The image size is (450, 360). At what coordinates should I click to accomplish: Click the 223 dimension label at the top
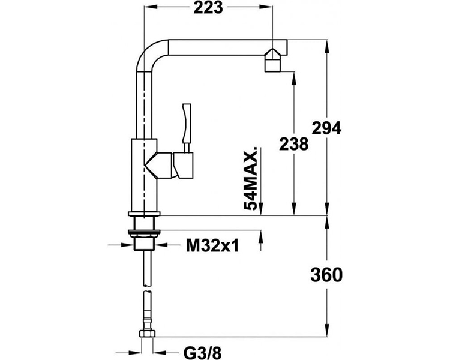coord(208,8)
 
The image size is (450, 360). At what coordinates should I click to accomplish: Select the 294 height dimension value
coord(326,128)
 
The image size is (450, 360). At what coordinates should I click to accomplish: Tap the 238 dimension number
coord(293,144)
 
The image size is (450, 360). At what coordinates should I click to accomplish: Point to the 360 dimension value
coord(326,275)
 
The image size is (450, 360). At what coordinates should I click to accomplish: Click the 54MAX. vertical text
coord(250,178)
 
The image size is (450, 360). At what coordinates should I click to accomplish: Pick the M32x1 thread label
coord(212,245)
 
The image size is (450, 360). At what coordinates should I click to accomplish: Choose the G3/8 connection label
coord(203,353)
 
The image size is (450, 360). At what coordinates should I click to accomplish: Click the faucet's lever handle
coord(187,124)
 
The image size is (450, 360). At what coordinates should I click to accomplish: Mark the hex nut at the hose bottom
coord(147,334)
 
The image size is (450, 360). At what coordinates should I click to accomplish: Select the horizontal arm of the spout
coord(227,47)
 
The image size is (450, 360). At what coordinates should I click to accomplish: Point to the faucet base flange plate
coord(144,214)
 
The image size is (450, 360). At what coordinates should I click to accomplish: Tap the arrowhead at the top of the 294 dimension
coord(326,46)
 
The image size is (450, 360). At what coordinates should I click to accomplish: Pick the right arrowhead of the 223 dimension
coord(266,6)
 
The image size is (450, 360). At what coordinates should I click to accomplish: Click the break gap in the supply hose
coord(147,289)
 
